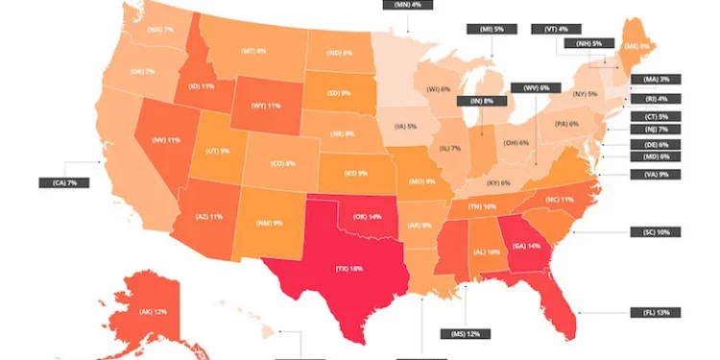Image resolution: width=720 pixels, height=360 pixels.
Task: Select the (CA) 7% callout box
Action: pos(58,181)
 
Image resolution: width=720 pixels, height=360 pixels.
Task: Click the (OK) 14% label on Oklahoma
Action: pos(367,217)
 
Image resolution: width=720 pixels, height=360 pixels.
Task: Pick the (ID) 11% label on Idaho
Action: pos(201,86)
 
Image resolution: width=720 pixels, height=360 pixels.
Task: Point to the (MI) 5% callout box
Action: pos(486,29)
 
